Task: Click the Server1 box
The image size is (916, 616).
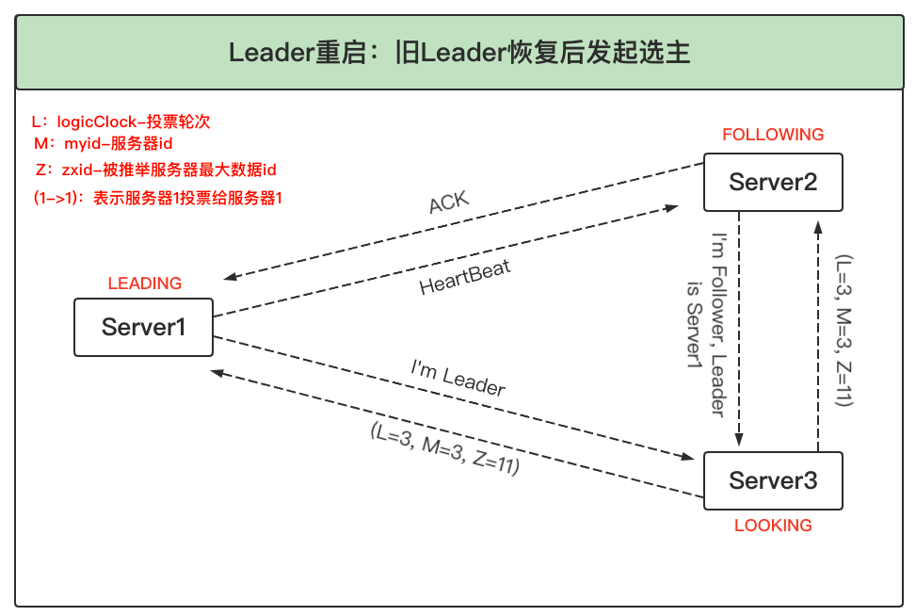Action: tap(143, 327)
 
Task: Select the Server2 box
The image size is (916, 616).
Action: tap(773, 183)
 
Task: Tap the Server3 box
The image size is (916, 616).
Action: tap(773, 480)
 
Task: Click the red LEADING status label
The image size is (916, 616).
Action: tap(145, 284)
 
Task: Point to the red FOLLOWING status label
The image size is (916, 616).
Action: tap(773, 135)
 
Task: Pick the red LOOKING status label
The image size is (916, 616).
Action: tap(773, 526)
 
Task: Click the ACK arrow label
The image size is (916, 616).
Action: tap(448, 203)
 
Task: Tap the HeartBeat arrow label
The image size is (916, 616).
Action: tap(465, 279)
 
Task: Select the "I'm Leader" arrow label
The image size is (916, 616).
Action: tap(458, 377)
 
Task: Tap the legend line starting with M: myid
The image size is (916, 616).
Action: tap(103, 143)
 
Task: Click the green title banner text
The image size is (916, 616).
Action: tap(459, 53)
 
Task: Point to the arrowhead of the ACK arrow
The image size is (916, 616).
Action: tap(229, 277)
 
